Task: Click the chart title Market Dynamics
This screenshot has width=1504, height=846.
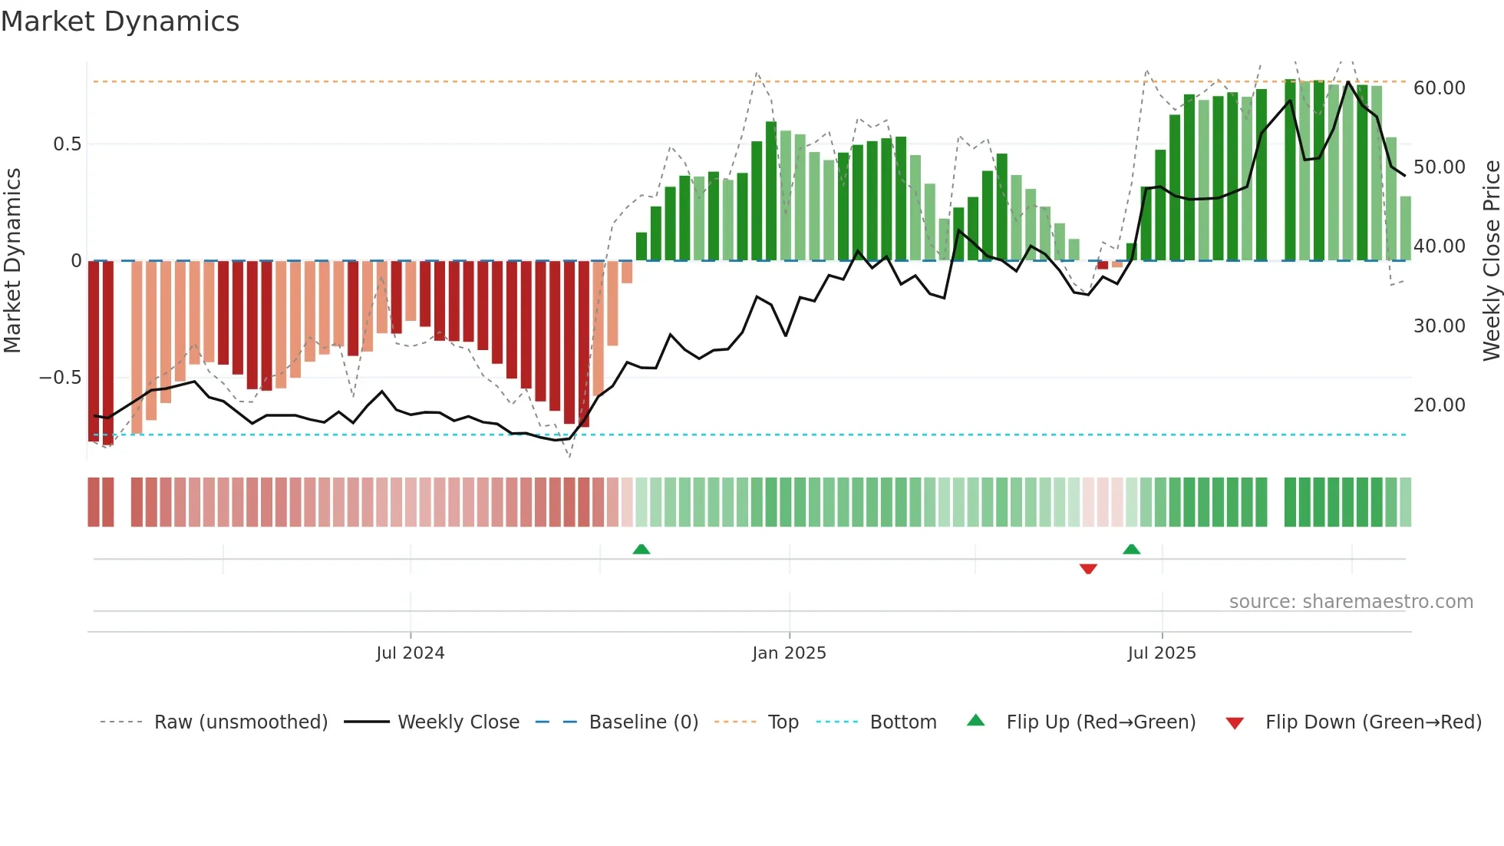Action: (120, 21)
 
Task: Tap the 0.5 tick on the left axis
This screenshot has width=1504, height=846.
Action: (67, 144)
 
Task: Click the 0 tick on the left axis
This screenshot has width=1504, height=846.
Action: (76, 261)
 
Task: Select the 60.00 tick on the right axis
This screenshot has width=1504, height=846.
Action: (1439, 88)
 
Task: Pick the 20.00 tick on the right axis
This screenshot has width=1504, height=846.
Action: (1439, 405)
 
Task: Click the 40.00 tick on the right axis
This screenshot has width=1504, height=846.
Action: (1439, 246)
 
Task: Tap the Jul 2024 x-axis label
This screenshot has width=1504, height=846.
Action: (410, 653)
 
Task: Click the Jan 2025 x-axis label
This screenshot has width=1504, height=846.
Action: (789, 653)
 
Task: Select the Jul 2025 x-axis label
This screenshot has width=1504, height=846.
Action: (1161, 653)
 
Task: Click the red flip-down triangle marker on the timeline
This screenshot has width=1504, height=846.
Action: (1087, 569)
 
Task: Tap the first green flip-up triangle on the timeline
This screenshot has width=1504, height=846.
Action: (641, 549)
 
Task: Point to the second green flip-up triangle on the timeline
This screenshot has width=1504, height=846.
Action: (1131, 549)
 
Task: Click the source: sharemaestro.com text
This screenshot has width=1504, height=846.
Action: (1351, 602)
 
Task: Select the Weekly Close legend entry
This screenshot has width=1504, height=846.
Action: (458, 722)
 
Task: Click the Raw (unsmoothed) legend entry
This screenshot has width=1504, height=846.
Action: (240, 722)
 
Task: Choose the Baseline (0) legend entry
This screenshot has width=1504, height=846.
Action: (643, 722)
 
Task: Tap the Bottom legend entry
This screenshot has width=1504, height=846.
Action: (902, 722)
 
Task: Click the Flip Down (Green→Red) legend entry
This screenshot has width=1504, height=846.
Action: (1373, 722)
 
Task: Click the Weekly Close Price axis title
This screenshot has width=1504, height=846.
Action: (1491, 261)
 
